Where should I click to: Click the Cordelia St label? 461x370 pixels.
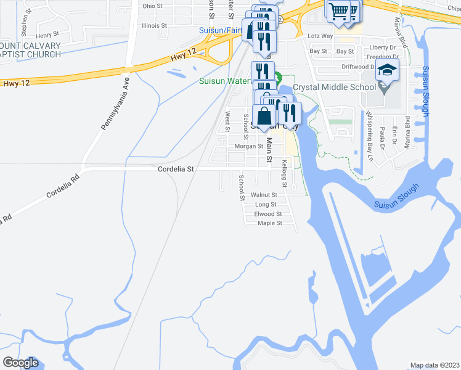coord(176,168)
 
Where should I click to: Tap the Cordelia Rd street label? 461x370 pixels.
coord(63,187)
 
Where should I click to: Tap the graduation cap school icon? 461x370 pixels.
coord(387,72)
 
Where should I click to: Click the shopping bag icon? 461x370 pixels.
coord(264,117)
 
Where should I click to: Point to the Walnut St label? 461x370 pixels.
coord(264,194)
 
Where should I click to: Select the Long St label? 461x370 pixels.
coord(265,204)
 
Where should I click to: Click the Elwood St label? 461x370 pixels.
coord(268,214)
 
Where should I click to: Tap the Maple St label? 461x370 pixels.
coord(270,223)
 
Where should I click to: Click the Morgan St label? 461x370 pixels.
coord(249,147)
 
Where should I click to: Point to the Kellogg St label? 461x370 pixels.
coord(285,174)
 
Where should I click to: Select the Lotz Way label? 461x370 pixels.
coord(320,36)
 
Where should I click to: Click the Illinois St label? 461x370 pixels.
coord(154,26)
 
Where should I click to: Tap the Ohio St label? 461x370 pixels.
coord(152,6)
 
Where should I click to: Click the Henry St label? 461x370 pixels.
coord(48,35)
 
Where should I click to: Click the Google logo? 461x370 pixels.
coord(20,363)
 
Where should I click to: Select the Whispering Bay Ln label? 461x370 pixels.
coord(370,136)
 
